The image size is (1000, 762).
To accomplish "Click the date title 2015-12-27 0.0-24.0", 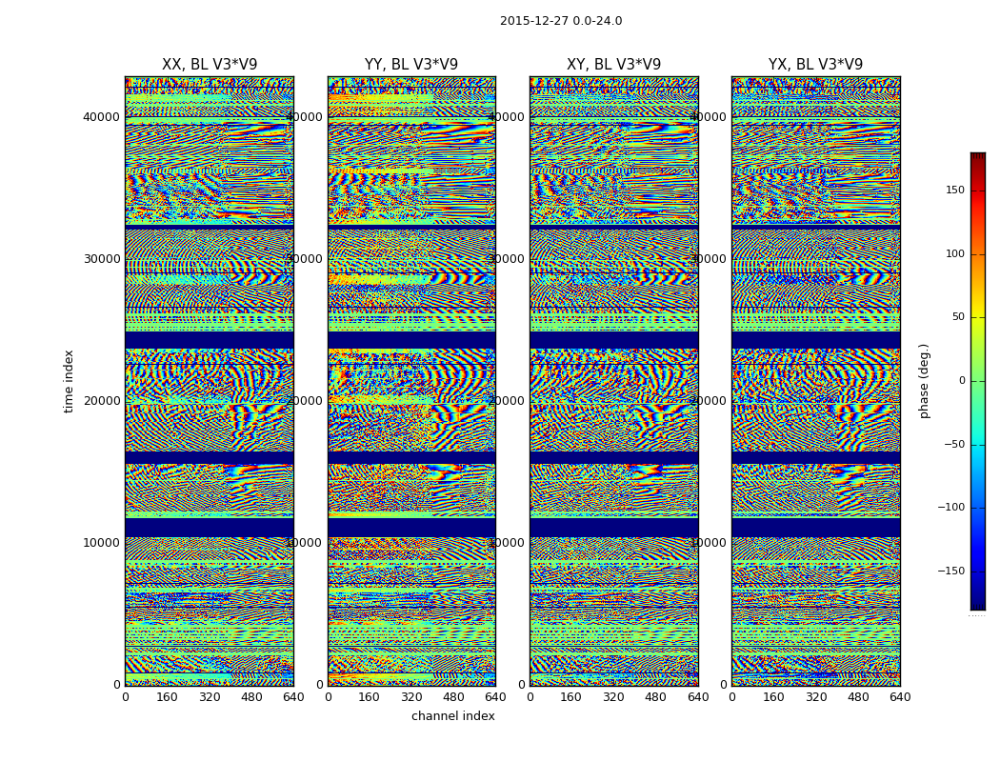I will click(x=561, y=21).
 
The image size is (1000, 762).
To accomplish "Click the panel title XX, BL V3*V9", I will click(x=210, y=65).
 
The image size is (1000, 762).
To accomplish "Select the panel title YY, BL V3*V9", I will click(x=411, y=65).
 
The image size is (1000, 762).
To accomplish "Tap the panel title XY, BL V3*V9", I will click(x=613, y=65).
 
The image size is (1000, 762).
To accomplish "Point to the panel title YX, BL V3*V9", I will click(x=815, y=65).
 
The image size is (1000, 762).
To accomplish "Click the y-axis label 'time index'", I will click(x=69, y=381).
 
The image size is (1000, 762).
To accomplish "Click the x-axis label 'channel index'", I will click(x=453, y=716).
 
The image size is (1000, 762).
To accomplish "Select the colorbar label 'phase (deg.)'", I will click(x=924, y=381).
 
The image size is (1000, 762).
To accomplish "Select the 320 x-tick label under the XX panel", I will click(x=210, y=697).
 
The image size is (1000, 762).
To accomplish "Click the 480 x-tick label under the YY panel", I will click(x=453, y=697).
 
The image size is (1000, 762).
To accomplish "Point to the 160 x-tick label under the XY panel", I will click(x=571, y=697).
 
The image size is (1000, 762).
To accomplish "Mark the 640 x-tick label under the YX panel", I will click(x=900, y=697).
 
